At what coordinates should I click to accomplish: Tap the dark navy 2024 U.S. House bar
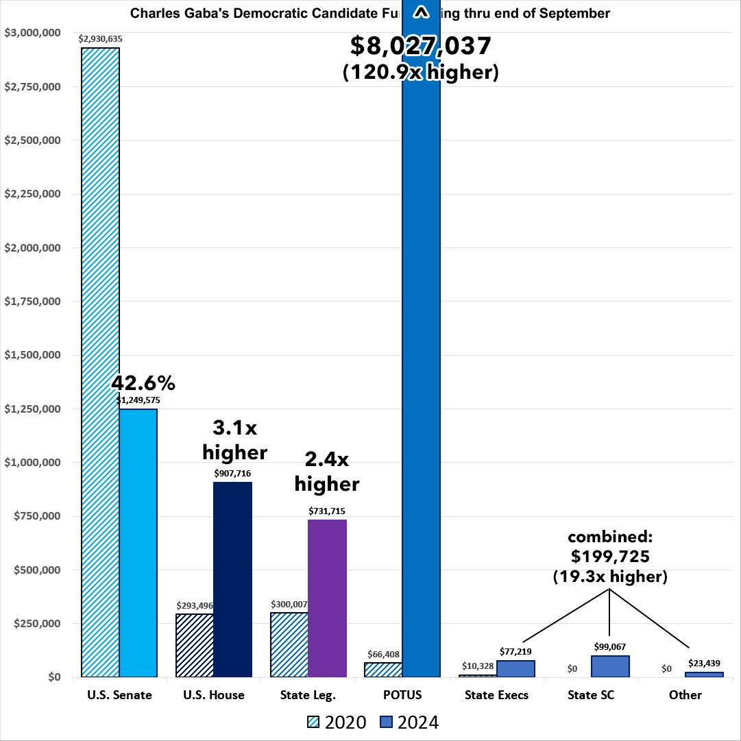tap(232, 579)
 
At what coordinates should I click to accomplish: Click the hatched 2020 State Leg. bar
tap(289, 644)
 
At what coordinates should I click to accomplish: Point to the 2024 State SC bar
tap(610, 666)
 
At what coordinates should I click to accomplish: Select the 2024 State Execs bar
tap(515, 668)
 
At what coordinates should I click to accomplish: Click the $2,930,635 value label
tap(100, 39)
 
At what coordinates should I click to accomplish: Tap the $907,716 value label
tap(233, 473)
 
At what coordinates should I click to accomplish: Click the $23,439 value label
tap(705, 663)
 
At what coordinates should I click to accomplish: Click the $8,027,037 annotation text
tap(420, 47)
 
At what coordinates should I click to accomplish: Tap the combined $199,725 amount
tap(610, 557)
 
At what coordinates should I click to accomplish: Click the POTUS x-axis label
tap(402, 695)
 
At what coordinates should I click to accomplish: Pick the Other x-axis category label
tap(685, 695)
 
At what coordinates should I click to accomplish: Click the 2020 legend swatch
tap(313, 722)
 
